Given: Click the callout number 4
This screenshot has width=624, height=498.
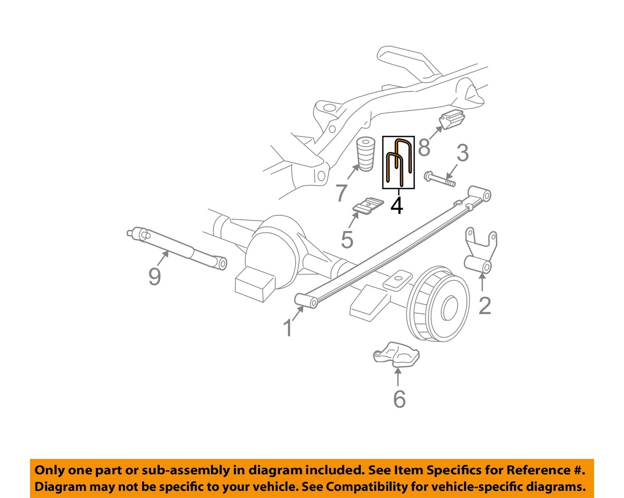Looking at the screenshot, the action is click(397, 206).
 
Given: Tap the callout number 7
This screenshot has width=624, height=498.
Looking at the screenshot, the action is click(341, 193).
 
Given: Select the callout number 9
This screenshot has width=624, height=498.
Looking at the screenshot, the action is click(154, 276).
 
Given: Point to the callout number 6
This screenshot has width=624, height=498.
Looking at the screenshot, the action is click(399, 399).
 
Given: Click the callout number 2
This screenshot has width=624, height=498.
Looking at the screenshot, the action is click(485, 306).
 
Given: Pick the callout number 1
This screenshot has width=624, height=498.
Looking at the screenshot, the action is click(288, 328).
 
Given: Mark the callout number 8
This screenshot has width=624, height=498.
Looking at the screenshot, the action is click(424, 147).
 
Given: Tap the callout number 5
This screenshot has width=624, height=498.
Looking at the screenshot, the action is click(347, 239).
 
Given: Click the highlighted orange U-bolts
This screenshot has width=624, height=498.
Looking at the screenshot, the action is click(399, 162).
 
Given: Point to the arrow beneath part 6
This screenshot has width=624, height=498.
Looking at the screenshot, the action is click(398, 377).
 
